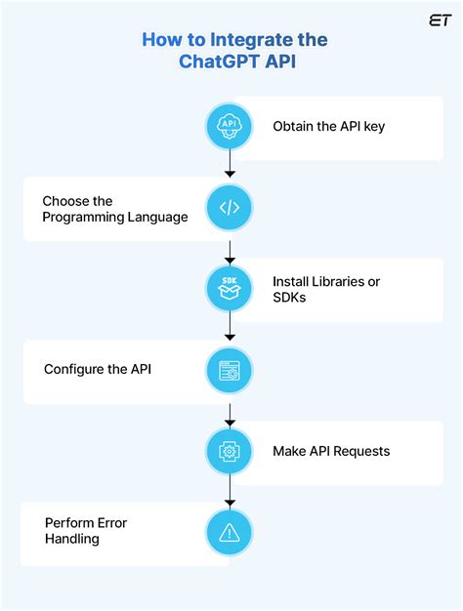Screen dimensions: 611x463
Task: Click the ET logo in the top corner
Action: tap(439, 20)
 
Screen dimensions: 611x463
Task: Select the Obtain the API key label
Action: tap(328, 126)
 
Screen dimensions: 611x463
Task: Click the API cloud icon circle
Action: tap(230, 126)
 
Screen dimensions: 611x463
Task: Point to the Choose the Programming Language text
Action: tap(114, 209)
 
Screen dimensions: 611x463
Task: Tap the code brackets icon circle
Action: tap(230, 208)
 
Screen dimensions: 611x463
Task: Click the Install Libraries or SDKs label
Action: tap(325, 289)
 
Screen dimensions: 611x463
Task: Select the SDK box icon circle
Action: tap(230, 289)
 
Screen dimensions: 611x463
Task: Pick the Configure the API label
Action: tap(97, 370)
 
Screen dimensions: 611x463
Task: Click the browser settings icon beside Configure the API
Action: tap(230, 370)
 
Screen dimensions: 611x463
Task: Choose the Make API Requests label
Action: tap(331, 451)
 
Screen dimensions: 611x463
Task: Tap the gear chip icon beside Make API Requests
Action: tap(230, 451)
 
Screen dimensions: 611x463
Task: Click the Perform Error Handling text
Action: tap(86, 531)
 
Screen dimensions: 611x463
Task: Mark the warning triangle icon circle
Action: tap(230, 532)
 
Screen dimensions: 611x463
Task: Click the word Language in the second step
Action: tap(159, 217)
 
